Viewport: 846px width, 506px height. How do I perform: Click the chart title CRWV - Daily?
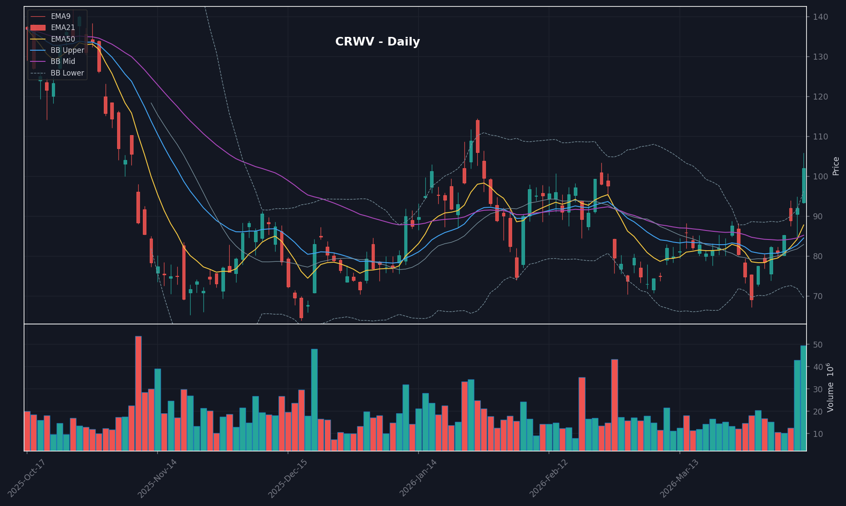377,42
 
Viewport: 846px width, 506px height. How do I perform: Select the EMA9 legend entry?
61,16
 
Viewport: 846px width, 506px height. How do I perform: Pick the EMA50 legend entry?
63,39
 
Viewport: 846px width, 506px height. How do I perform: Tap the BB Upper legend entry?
67,50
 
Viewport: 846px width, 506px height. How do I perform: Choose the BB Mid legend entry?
63,61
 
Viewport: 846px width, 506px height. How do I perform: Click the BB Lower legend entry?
67,73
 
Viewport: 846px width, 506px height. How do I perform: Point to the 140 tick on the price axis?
820,17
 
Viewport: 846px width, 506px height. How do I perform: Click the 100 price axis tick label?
820,176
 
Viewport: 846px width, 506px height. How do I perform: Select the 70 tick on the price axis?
817,296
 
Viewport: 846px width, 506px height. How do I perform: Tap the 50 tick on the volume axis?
817,345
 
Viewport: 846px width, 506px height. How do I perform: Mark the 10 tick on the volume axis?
817,434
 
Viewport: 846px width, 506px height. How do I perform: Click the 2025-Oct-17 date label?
26,478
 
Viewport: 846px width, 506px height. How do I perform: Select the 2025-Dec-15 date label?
287,478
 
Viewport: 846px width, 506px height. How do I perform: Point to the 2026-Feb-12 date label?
548,478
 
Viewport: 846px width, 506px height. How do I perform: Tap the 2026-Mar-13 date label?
679,478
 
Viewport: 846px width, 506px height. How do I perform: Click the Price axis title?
836,166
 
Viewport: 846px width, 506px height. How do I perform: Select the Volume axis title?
831,387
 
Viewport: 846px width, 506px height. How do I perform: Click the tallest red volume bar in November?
138,393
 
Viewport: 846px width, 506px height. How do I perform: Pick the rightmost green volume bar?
803,398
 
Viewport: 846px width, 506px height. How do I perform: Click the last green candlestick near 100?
804,185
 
